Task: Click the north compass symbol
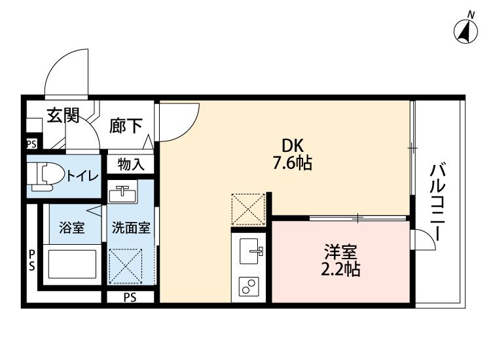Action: (465, 30)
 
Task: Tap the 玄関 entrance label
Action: (63, 117)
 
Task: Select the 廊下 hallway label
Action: (125, 126)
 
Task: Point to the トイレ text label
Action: (82, 175)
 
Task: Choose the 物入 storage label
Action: (131, 164)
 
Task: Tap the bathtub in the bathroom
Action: (71, 264)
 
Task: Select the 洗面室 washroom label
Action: (131, 228)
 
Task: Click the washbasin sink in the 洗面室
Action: (124, 194)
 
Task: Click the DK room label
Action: (293, 146)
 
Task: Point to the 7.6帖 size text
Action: (292, 163)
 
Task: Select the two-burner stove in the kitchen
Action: (250, 287)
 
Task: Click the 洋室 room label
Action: (341, 251)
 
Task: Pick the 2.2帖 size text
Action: (341, 268)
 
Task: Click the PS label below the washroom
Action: (130, 298)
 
